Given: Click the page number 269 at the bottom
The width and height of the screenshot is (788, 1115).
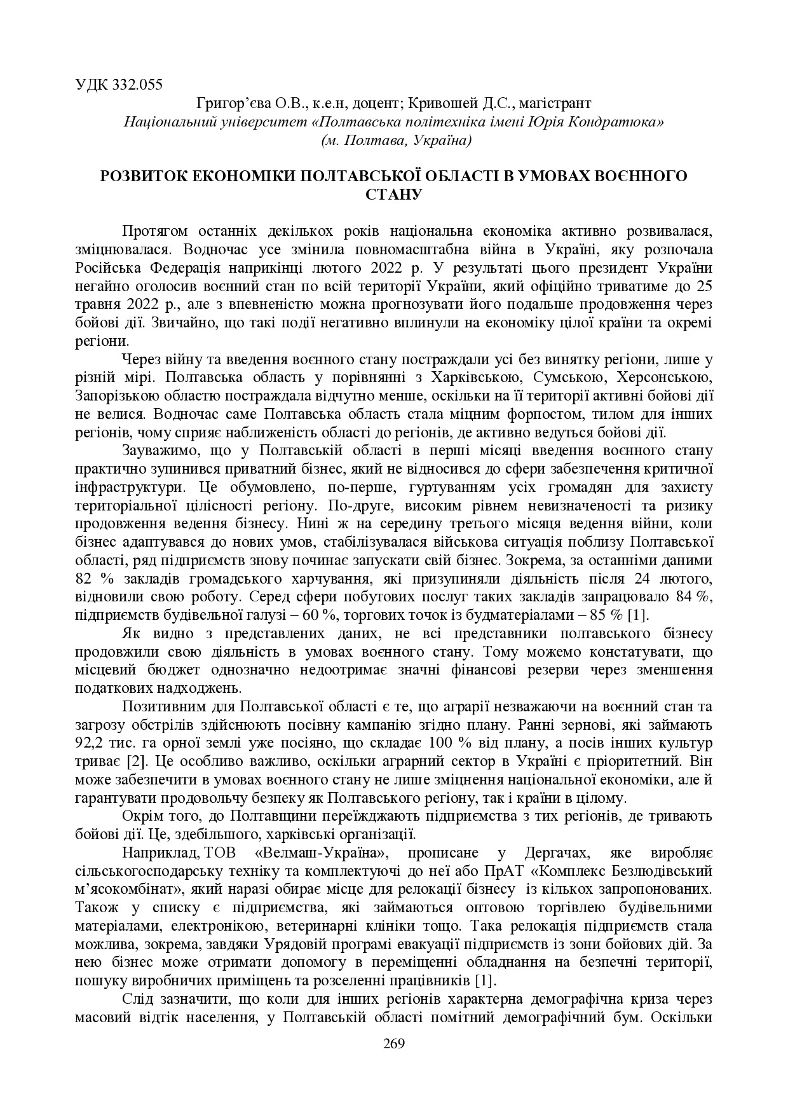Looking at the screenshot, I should [x=394, y=1043].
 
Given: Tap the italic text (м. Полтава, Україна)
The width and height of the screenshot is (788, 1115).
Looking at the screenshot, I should [x=394, y=140].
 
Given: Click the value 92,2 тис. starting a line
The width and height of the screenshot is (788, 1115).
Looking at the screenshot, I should [x=102, y=742].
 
